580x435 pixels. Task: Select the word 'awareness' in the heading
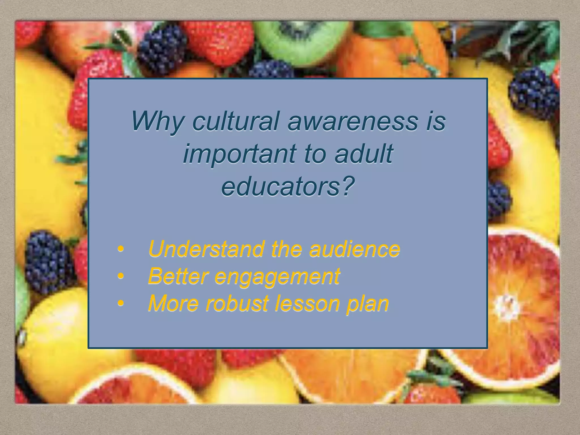(353, 121)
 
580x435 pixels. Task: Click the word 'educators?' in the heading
(288, 187)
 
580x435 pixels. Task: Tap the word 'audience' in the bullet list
(355, 249)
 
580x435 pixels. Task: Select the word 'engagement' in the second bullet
(277, 277)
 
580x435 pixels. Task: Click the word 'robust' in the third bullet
(237, 303)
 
